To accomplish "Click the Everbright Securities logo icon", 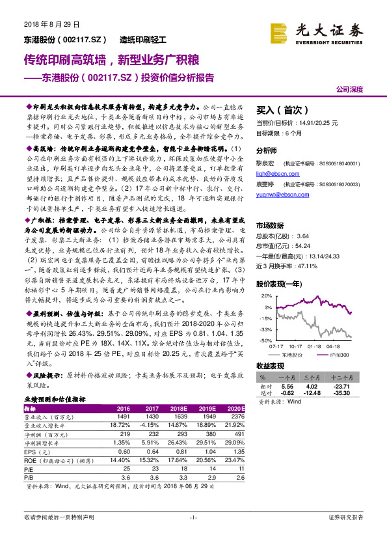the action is coord(280,31).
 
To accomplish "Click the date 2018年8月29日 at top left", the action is coord(44,24).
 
